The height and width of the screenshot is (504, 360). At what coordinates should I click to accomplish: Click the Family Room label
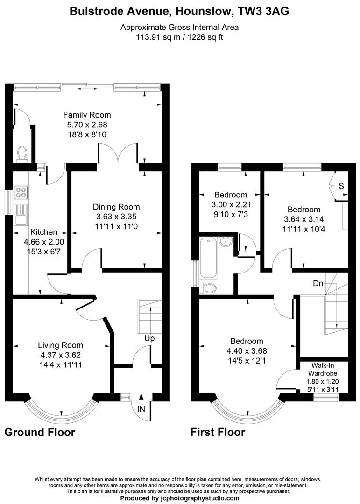coord(87,115)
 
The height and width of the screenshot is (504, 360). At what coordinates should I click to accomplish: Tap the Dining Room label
coord(116,207)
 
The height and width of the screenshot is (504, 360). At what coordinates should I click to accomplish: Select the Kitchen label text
coord(44,232)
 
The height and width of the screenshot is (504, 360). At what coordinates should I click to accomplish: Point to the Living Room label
coord(61,345)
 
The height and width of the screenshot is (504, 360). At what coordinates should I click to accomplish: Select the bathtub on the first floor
coord(208,258)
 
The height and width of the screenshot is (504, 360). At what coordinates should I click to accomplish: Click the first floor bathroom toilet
coord(208,288)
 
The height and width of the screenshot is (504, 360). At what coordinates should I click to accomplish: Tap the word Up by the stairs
coord(149,338)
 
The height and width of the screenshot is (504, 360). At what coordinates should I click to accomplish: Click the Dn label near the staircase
coord(318,284)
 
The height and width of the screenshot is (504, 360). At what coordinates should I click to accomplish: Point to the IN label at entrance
coord(141,409)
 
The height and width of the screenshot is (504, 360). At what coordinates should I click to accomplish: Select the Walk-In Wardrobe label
coord(323,369)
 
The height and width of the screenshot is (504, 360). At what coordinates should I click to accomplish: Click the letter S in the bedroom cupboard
coord(341,186)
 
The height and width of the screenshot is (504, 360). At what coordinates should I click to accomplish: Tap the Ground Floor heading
coord(40,432)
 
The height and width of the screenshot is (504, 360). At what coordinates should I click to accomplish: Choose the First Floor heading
coord(218,432)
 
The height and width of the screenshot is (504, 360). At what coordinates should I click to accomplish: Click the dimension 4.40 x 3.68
coord(247,351)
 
